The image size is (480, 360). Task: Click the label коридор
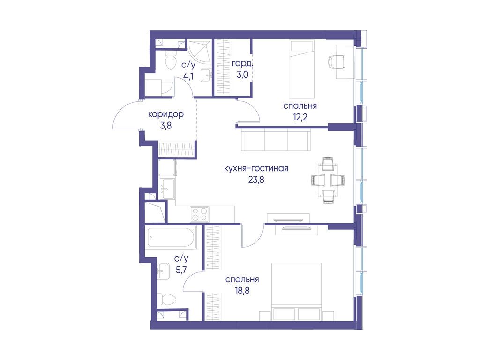click(165, 114)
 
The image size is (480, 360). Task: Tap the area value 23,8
click(256, 180)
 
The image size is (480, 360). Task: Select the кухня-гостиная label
click(256, 168)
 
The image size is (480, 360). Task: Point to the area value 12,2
click(300, 117)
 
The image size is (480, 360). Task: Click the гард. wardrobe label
click(242, 64)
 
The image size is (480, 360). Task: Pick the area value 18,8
click(242, 290)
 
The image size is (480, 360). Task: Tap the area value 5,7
click(181, 270)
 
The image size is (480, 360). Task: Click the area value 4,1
click(188, 76)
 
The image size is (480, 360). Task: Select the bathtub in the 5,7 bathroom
click(171, 237)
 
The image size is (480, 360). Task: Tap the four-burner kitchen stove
click(200, 214)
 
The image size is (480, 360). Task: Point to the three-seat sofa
click(276, 140)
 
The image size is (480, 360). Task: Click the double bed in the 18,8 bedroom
click(297, 292)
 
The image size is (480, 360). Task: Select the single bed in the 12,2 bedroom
click(302, 69)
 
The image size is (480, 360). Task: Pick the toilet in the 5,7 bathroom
click(166, 298)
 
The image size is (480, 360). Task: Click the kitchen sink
click(167, 188)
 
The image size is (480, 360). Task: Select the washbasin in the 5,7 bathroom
click(163, 271)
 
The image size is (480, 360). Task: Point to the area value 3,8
click(165, 126)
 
